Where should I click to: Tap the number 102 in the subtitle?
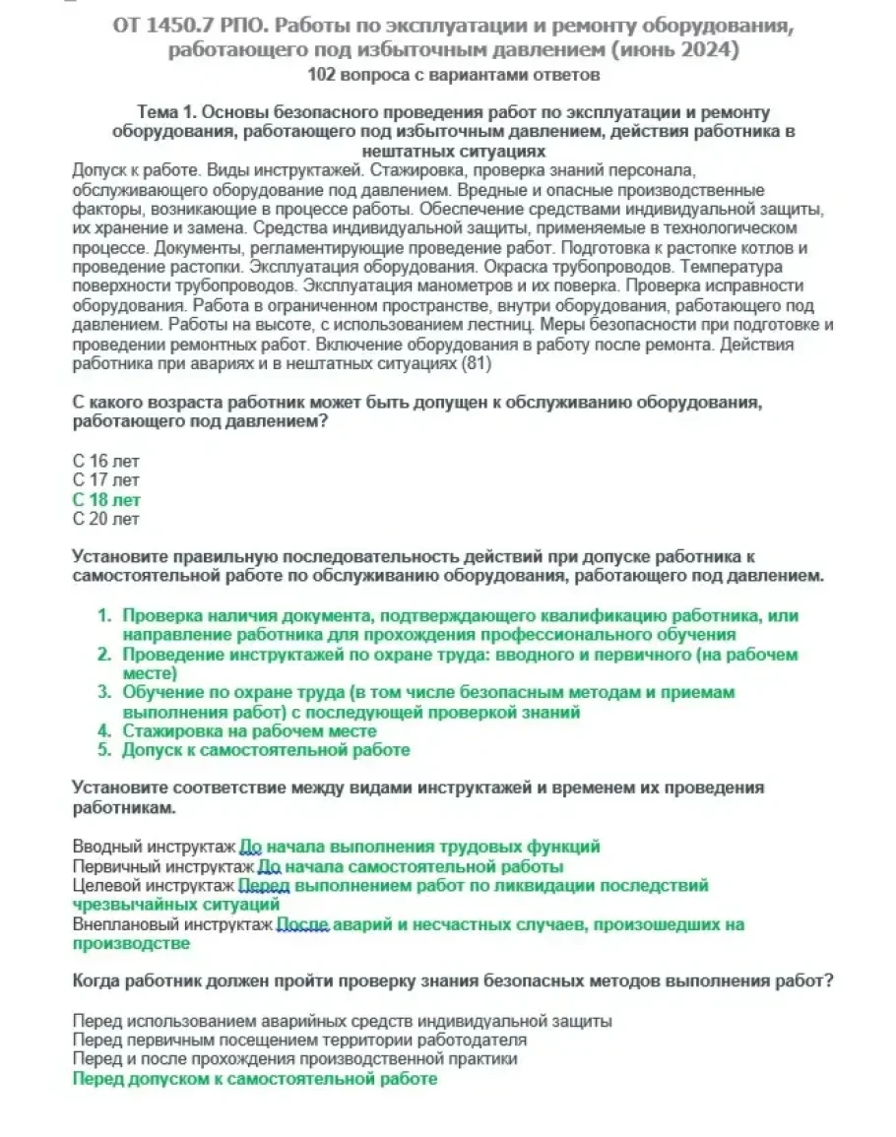[321, 74]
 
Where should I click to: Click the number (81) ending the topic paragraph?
[476, 363]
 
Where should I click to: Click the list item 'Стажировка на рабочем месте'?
[249, 730]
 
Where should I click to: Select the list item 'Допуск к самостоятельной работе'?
[266, 749]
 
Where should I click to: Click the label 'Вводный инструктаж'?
[154, 847]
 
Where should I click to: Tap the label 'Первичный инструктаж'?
[162, 866]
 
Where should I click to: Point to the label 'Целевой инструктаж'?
[154, 886]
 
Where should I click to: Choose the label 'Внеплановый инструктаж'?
[172, 924]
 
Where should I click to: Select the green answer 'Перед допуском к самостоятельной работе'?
[255, 1078]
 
